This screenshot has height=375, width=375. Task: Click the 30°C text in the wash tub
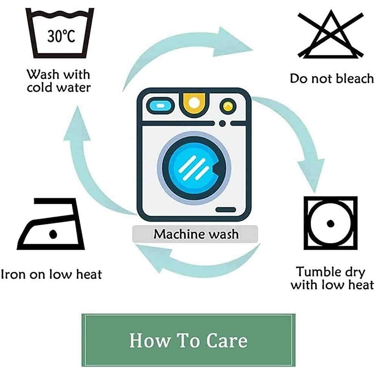tap(61, 37)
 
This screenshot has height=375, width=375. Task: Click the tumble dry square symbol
tap(330, 223)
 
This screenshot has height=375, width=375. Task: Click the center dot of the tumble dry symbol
tap(331, 223)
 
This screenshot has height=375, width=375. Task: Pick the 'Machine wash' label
tap(195, 233)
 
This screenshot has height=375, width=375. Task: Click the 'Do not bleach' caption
tap(332, 78)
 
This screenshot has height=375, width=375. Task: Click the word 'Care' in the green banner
tap(223, 340)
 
